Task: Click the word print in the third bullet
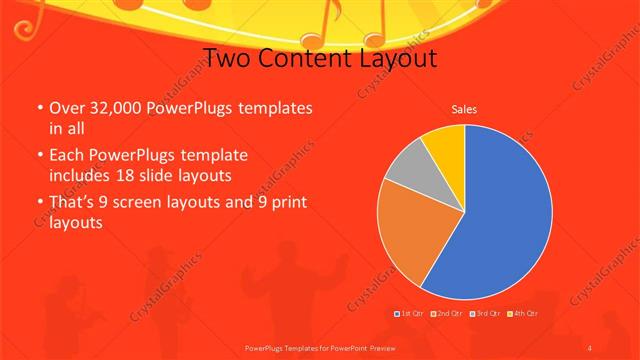click(285, 203)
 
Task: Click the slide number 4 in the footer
click(590, 347)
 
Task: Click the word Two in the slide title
click(227, 58)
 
